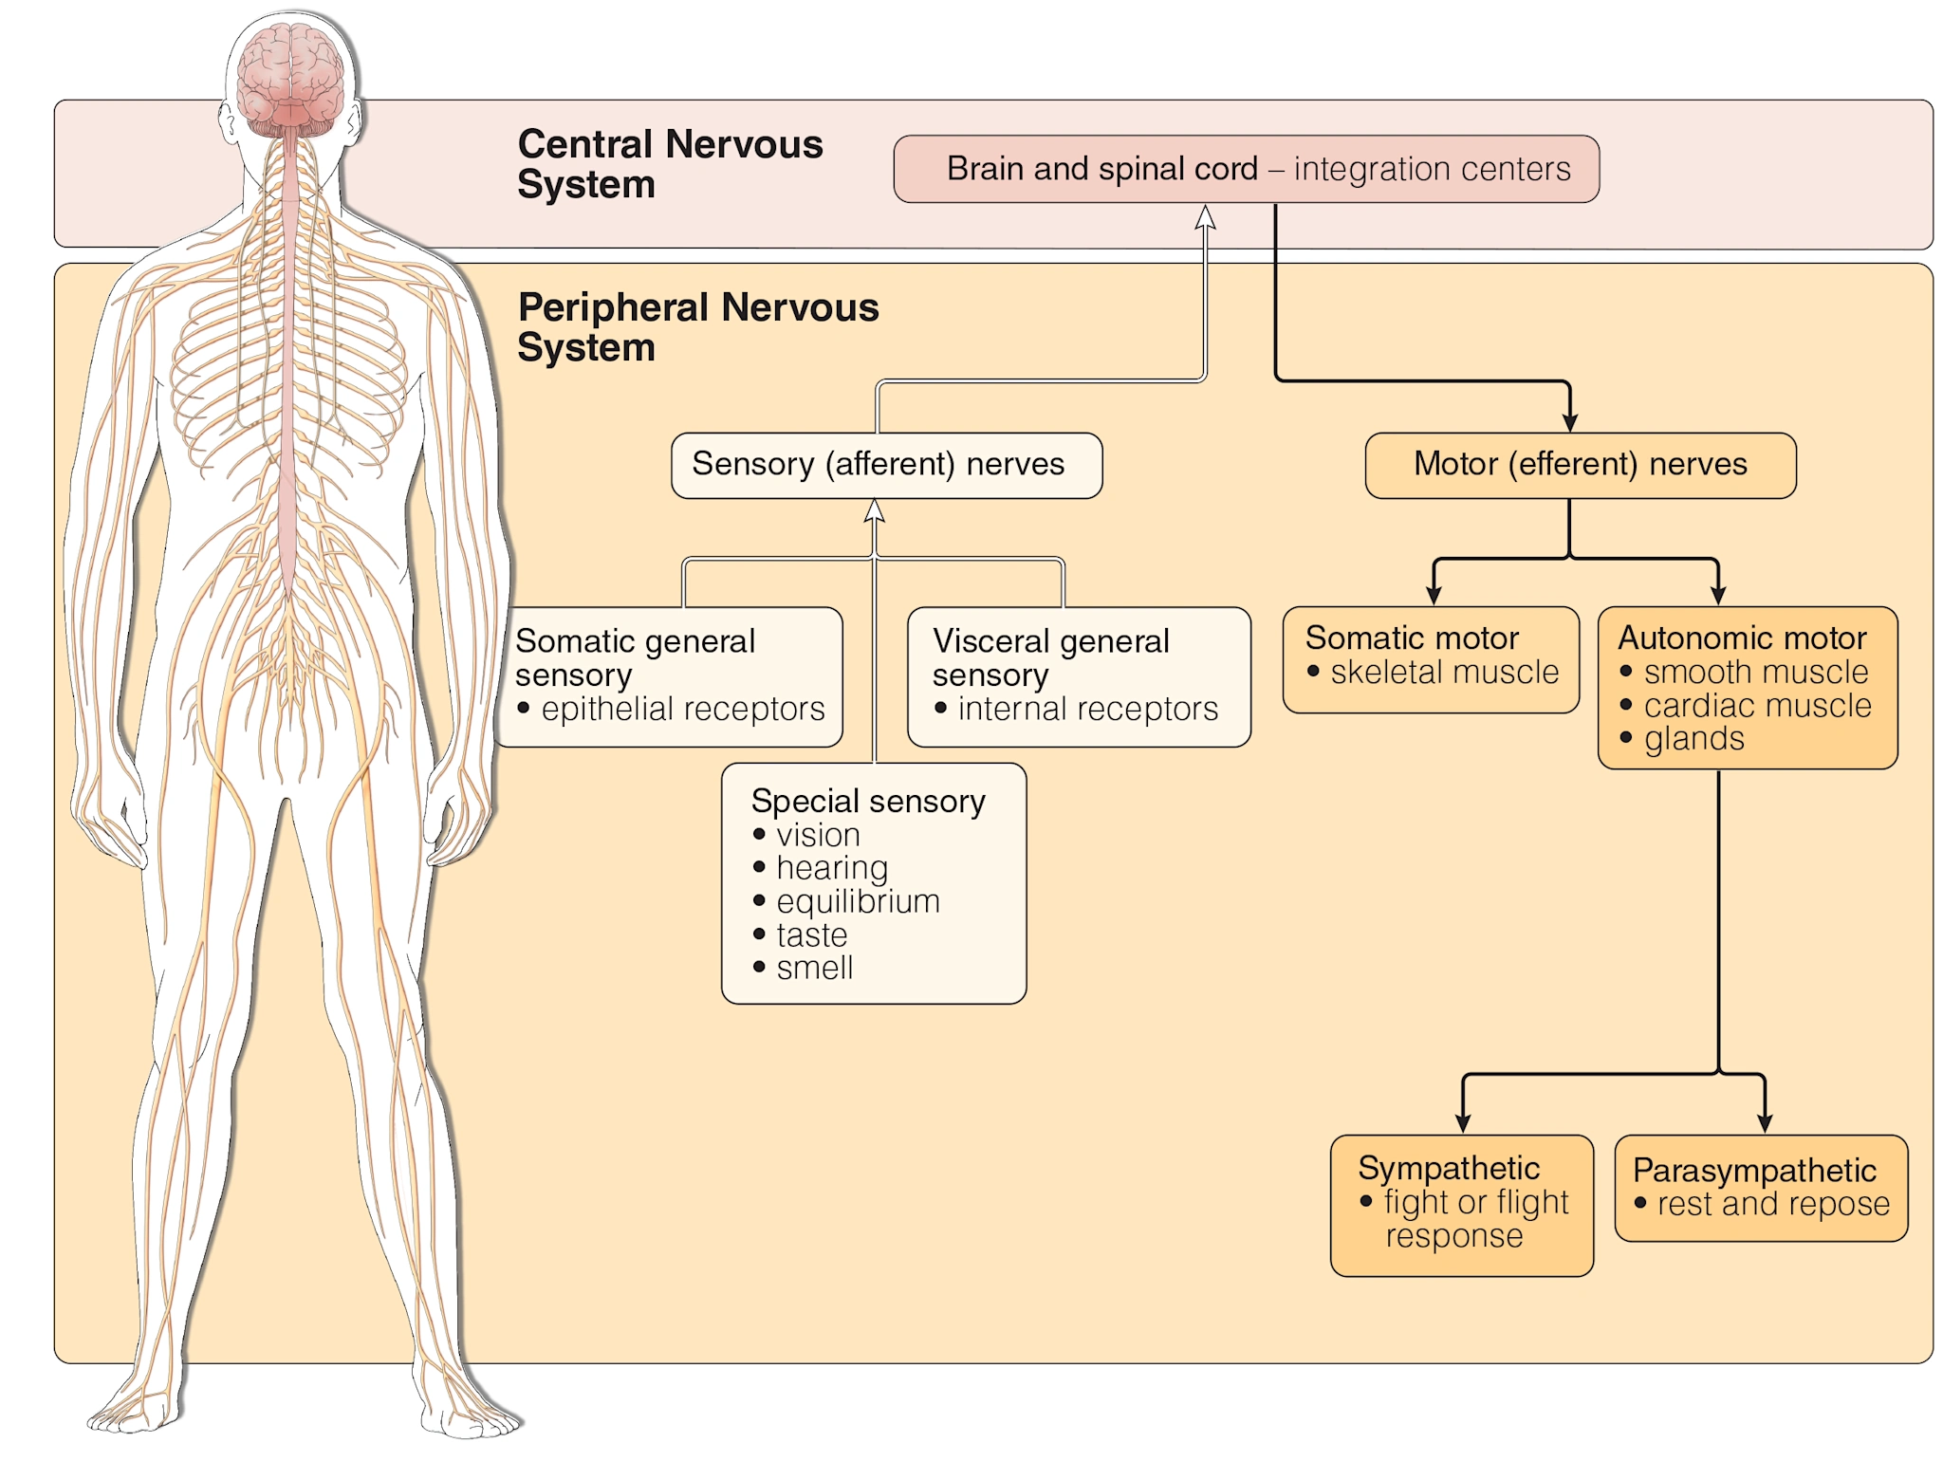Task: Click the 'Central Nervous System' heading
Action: tap(669, 163)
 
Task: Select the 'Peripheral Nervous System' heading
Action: tap(697, 326)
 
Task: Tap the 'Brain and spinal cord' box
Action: tap(1246, 169)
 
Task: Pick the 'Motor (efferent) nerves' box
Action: tap(1580, 465)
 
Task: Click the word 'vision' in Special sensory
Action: tap(818, 835)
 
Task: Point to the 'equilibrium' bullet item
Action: tap(858, 901)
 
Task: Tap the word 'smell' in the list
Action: tap(814, 968)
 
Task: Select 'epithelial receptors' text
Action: tap(682, 709)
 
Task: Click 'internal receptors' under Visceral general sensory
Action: tap(1087, 709)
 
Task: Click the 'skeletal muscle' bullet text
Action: tap(1444, 672)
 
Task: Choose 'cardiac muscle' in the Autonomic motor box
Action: tap(1757, 705)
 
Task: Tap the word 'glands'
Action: tap(1693, 738)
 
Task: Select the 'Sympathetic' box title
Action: tap(1448, 1168)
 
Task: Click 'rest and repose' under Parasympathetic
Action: tap(1772, 1204)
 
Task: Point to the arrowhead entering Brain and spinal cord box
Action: tap(1205, 217)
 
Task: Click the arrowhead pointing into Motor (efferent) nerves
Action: tap(1570, 421)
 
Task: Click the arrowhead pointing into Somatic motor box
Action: tap(1434, 595)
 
